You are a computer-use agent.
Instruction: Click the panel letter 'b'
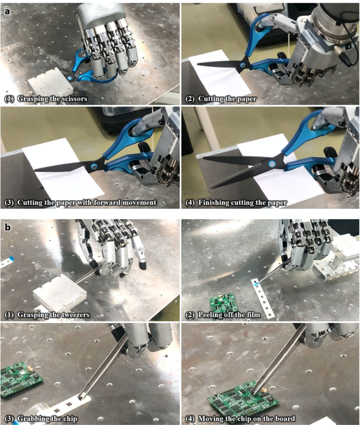tap(7, 227)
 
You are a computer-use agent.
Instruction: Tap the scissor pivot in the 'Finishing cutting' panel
tap(272, 164)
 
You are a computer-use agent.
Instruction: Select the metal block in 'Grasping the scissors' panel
tap(50, 84)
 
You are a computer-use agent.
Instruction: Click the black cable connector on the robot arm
tap(340, 55)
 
